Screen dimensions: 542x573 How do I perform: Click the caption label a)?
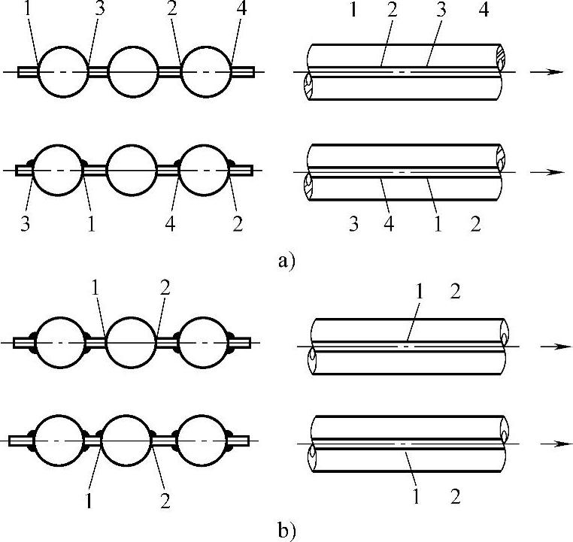click(x=286, y=261)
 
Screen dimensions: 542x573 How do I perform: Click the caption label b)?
click(x=286, y=531)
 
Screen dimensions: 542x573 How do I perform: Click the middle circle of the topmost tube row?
click(x=133, y=72)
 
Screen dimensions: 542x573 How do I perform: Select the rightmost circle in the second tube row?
click(x=203, y=171)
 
